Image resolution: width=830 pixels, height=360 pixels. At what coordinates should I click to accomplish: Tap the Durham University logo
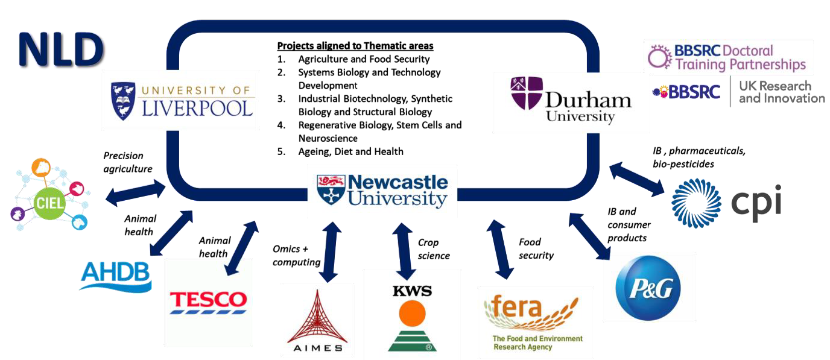pyautogui.click(x=563, y=101)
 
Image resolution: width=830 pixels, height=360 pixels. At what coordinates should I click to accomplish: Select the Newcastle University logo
pyautogui.click(x=382, y=190)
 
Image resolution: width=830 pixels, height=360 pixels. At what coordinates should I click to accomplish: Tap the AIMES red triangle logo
pyautogui.click(x=317, y=320)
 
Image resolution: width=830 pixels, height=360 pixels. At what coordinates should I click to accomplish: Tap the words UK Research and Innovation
pyautogui.click(x=782, y=92)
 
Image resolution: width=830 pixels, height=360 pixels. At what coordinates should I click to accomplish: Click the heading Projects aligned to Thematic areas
pyautogui.click(x=355, y=46)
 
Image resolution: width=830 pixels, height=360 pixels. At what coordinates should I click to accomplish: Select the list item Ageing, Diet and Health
pyautogui.click(x=350, y=151)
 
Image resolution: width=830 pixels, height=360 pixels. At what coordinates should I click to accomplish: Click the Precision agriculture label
pyautogui.click(x=128, y=162)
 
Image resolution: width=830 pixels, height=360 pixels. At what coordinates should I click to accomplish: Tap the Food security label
pyautogui.click(x=536, y=248)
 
